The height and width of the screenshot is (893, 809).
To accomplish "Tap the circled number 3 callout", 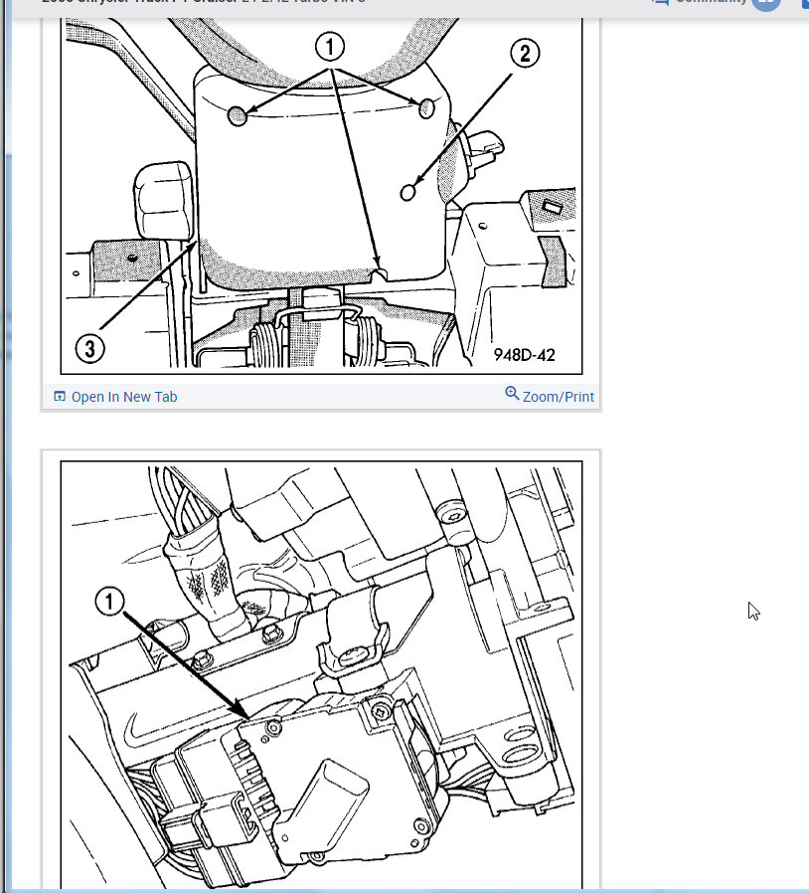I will [90, 349].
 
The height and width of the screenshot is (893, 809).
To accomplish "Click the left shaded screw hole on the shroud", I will [238, 117].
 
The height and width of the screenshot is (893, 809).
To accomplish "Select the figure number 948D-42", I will [527, 355].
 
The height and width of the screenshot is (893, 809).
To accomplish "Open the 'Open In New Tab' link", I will [124, 397].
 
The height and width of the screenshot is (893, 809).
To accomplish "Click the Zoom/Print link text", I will [558, 397].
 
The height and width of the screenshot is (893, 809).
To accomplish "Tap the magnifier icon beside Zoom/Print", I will [512, 394].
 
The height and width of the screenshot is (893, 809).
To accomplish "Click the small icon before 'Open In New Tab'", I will [60, 397].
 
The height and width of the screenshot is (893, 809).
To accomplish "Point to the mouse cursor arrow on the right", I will [753, 611].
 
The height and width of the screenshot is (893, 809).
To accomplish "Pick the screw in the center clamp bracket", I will [355, 656].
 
